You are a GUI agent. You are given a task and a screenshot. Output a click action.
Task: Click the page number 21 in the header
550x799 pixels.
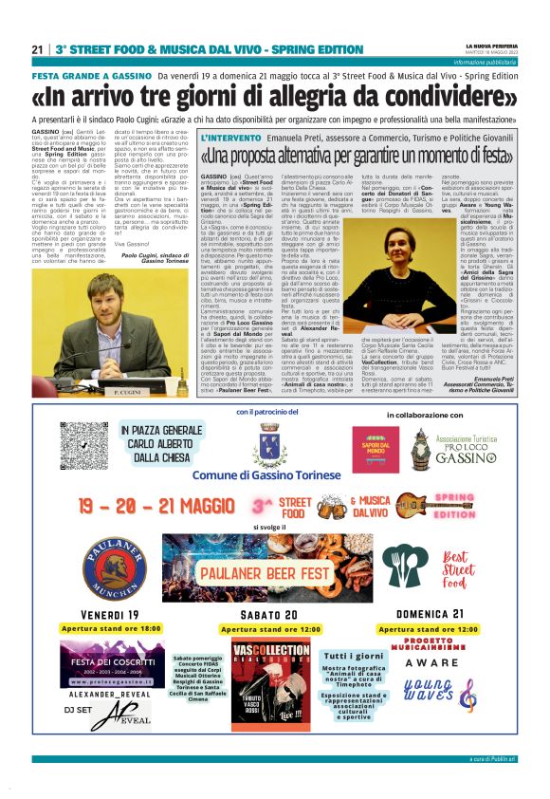37,48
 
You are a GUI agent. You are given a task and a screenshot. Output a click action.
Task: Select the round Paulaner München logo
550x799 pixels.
114,567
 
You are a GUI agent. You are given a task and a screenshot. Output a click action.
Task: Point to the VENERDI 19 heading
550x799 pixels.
109,615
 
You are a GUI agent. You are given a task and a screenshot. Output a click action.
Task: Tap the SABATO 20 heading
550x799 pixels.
267,615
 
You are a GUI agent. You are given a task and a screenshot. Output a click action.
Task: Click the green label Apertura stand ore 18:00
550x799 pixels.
112,628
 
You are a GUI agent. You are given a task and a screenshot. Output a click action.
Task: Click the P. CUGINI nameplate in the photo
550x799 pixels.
101,390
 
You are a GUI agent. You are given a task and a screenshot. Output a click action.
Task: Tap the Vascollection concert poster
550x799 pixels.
271,686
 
